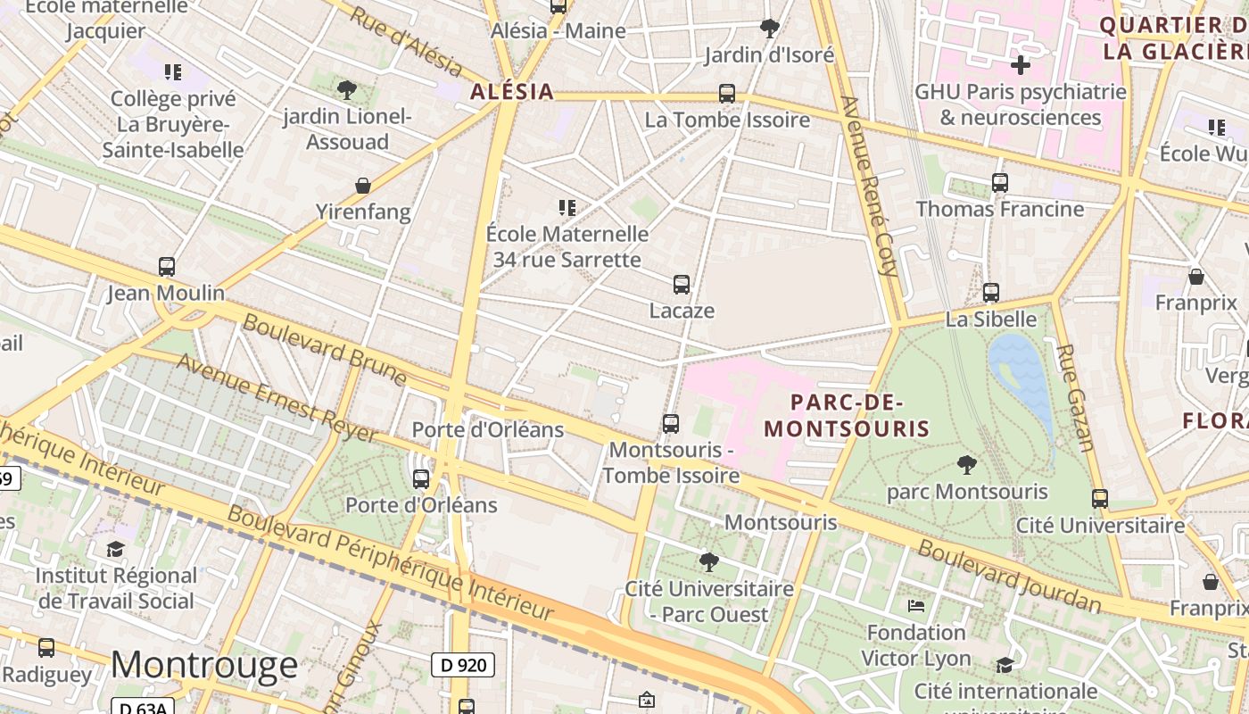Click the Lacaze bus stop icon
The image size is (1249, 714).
[682, 285]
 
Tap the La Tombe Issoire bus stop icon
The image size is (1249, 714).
[727, 94]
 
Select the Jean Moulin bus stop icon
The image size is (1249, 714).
[167, 266]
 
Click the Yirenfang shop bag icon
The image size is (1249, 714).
[363, 186]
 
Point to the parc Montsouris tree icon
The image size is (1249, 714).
[966, 465]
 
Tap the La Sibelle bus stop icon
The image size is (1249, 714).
[990, 293]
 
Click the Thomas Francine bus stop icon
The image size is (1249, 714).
[1000, 183]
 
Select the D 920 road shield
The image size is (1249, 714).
[463, 665]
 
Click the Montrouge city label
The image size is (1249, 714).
[204, 665]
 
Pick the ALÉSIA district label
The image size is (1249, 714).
[512, 91]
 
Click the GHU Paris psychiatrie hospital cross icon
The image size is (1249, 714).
[1021, 65]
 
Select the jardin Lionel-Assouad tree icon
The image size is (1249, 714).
[347, 89]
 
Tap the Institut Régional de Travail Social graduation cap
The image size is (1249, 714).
[115, 549]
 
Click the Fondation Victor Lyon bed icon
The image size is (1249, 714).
[916, 606]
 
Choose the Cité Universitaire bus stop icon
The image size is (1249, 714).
[1100, 499]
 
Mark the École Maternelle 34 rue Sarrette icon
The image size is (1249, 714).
[567, 208]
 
